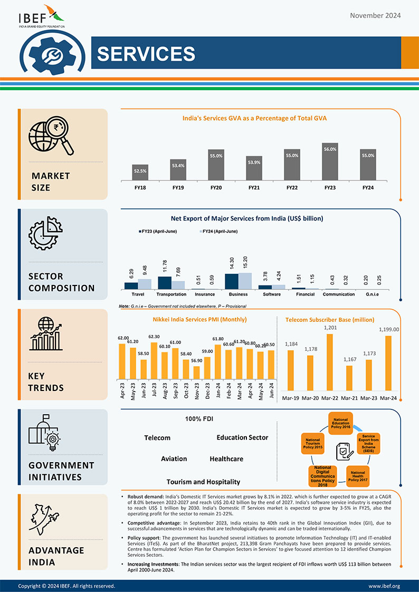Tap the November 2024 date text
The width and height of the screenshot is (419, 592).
[375, 15]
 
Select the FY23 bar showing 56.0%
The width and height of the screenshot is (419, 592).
[330, 161]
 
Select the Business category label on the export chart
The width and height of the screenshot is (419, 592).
[239, 294]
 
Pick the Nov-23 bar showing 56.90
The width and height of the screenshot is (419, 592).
[196, 373]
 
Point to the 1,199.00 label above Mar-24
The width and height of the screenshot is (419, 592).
[389, 329]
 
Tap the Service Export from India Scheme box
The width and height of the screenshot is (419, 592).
[368, 444]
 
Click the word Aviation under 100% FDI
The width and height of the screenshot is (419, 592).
[174, 459]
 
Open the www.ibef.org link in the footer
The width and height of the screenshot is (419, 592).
[384, 586]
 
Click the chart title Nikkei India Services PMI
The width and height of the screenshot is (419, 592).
[199, 320]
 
